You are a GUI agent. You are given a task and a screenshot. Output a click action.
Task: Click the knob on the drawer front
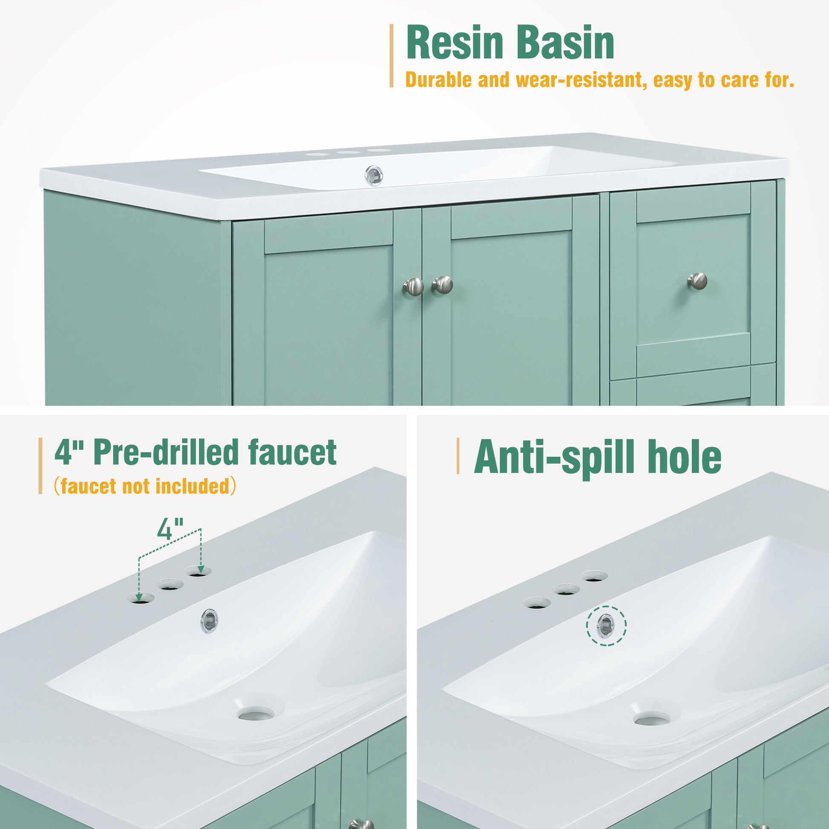[x=698, y=280]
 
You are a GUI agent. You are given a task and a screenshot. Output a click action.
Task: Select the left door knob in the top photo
[x=413, y=286]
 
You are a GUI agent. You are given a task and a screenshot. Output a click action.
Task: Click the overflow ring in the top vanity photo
[x=374, y=176]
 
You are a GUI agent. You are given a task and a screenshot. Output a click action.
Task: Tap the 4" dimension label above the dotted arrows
[x=170, y=529]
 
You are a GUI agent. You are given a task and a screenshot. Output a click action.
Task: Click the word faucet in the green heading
[x=292, y=452]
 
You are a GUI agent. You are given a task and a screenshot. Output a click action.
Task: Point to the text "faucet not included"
[x=145, y=486]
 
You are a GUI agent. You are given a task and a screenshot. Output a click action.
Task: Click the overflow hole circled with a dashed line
[x=606, y=625]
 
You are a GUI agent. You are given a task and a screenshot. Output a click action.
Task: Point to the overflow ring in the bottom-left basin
[x=209, y=619]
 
